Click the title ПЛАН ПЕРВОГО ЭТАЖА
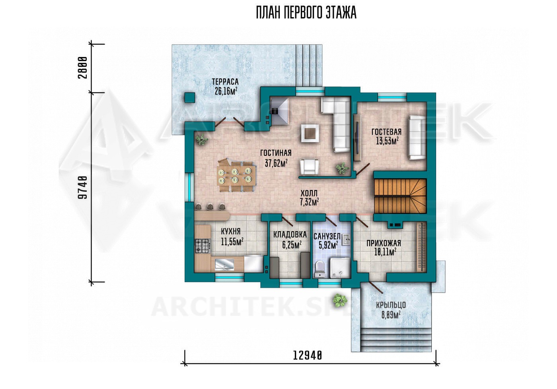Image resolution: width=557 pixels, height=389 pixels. point(306,13)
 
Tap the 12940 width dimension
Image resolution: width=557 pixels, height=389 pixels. point(308,356)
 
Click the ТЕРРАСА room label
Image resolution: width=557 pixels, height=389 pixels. point(225,82)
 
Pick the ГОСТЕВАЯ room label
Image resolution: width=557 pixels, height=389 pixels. point(386,132)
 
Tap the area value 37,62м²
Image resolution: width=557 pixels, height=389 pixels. point(276,163)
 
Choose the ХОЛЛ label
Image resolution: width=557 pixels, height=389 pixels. point(309,193)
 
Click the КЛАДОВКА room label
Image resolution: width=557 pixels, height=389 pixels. point(290,235)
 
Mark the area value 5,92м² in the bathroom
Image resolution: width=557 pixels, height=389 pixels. point(328,245)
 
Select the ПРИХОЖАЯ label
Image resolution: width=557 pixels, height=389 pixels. point(384,243)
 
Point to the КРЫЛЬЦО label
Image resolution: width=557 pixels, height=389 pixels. point(391,305)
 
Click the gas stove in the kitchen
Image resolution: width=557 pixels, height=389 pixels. point(203,246)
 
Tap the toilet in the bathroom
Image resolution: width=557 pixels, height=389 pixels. point(320,269)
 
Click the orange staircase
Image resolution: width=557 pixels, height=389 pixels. point(400,196)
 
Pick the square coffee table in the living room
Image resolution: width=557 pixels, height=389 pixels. point(310,133)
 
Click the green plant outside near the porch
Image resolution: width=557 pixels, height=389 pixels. point(340,301)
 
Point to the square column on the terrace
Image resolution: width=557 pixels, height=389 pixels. point(190,98)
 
